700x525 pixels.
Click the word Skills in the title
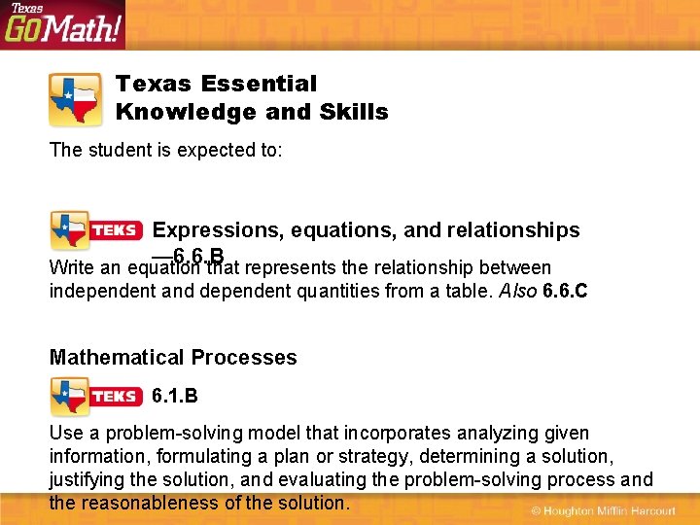[359, 112]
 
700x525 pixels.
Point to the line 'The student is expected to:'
[166, 151]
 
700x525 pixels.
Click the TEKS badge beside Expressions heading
[97, 231]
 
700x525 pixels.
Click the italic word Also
[516, 291]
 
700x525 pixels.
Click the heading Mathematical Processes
[173, 358]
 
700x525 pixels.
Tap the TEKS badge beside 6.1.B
[97, 397]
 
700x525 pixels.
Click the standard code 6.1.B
[176, 397]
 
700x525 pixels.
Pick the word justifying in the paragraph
[88, 479]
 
